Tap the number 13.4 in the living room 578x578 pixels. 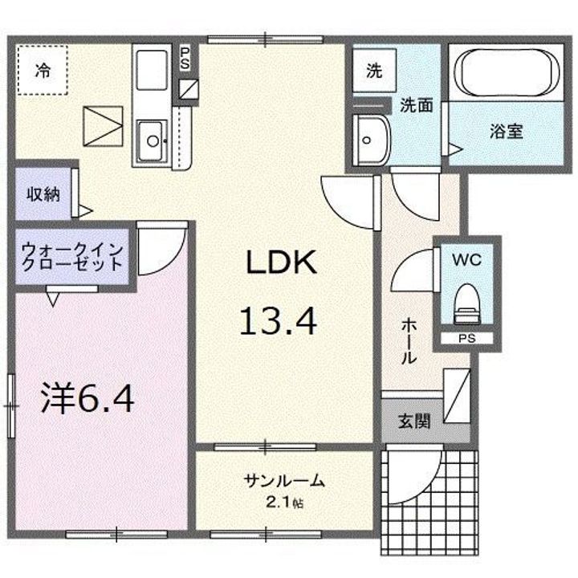pyautogui.click(x=278, y=321)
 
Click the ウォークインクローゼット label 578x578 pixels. pyautogui.click(x=73, y=255)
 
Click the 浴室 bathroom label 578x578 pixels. pyautogui.click(x=507, y=131)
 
